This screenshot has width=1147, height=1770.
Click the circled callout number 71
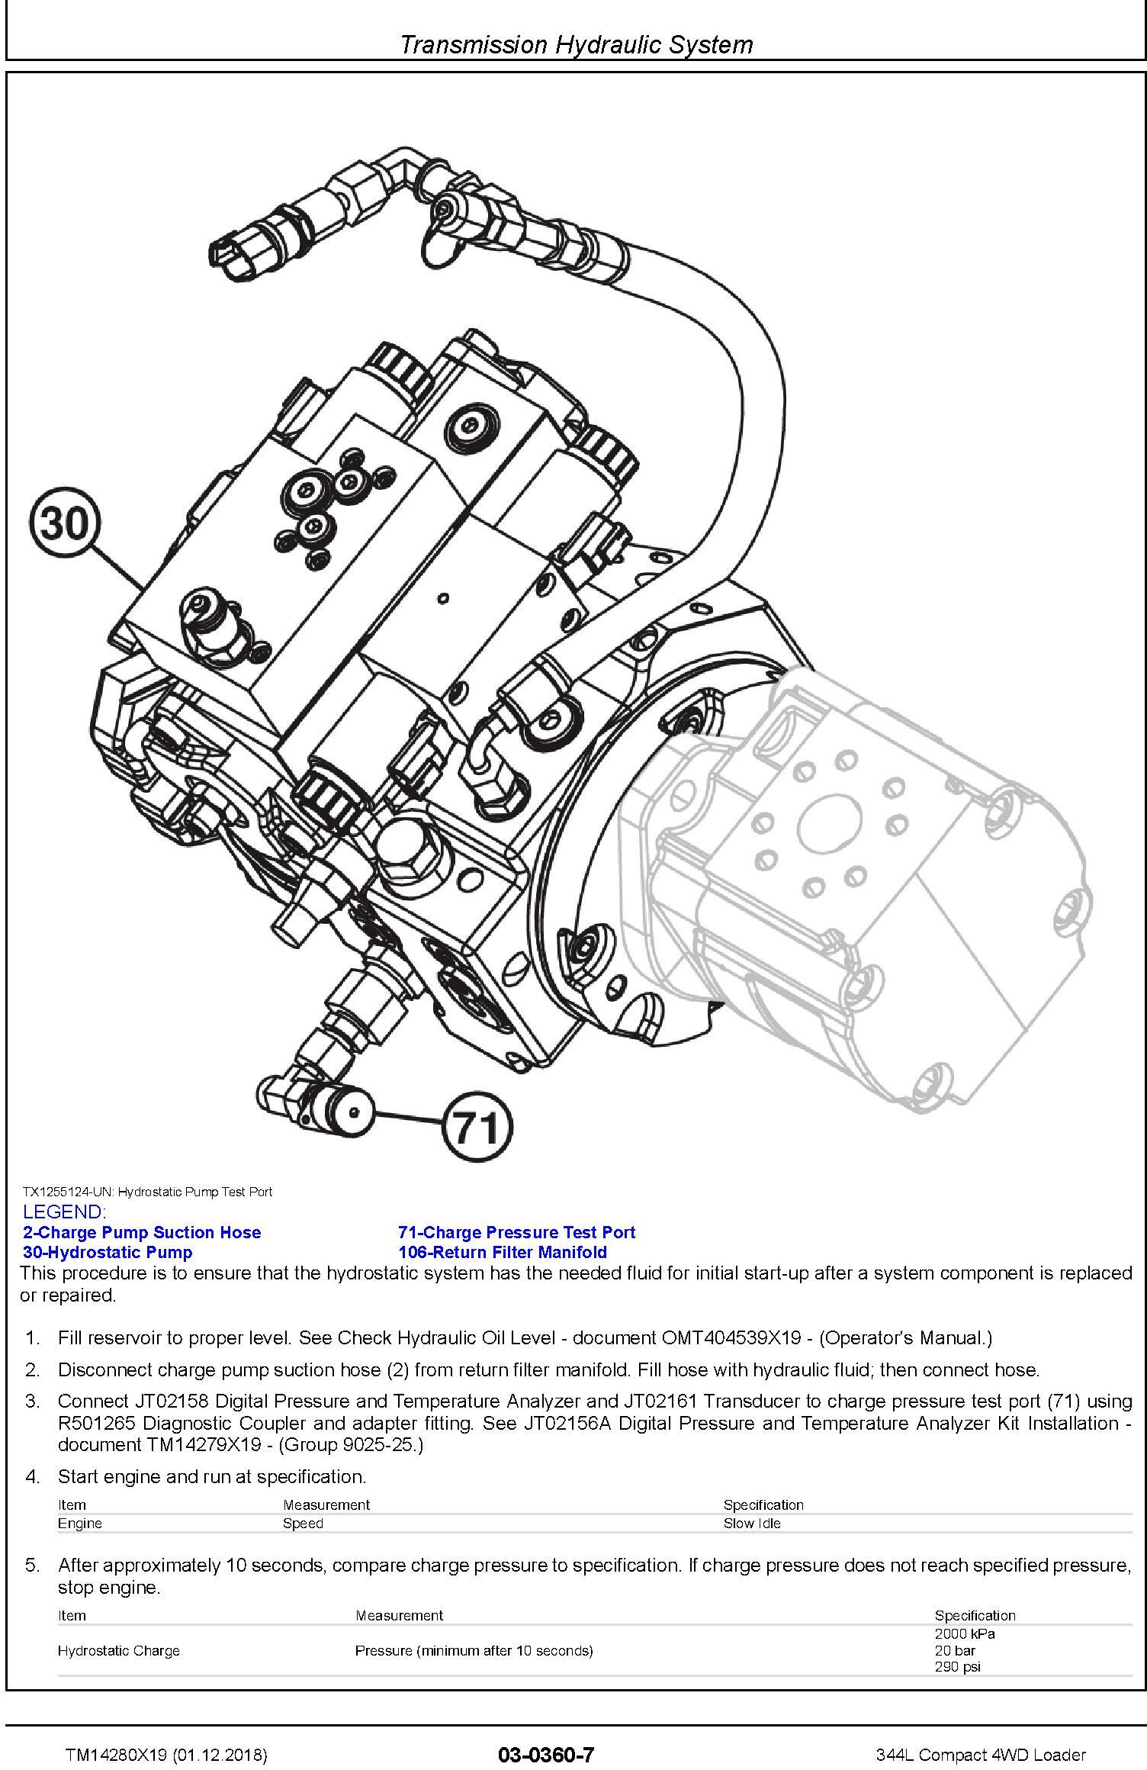478,1126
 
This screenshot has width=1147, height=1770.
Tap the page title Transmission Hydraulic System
576,44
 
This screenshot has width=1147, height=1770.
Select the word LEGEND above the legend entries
65,1212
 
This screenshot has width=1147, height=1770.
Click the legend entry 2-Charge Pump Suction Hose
142,1232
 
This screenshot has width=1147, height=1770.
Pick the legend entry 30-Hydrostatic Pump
108,1252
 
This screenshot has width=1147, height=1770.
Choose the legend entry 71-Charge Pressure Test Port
516,1232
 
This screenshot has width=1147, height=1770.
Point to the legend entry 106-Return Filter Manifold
503,1252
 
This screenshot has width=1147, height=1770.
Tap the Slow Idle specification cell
752,1523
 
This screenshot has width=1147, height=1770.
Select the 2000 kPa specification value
965,1633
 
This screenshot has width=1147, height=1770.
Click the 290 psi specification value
957,1667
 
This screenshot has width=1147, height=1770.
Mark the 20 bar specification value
955,1650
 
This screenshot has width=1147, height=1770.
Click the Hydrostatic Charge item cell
119,1650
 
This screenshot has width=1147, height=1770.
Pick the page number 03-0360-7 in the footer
546,1755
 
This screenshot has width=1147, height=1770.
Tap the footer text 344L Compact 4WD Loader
981,1756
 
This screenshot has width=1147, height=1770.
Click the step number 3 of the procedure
32,1402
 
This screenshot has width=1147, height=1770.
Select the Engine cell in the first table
80,1523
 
